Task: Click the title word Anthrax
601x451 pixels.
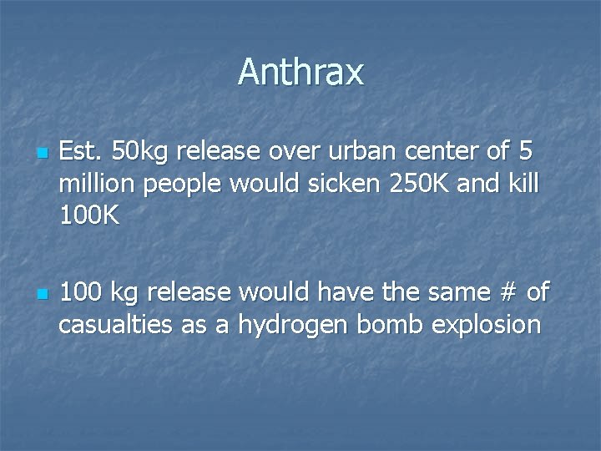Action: click(300, 72)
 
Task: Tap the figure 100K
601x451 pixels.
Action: click(89, 215)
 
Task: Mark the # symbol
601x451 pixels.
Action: click(503, 292)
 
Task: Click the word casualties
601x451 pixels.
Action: click(117, 324)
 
